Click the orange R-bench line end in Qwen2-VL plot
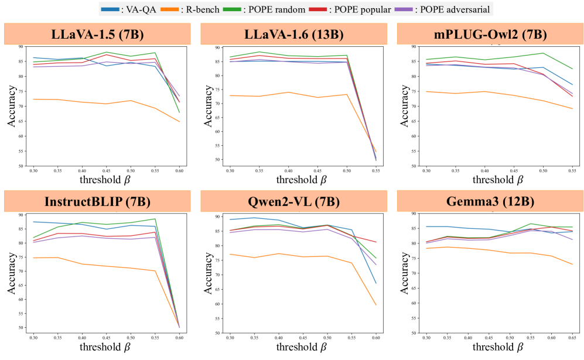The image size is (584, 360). [x=375, y=305]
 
